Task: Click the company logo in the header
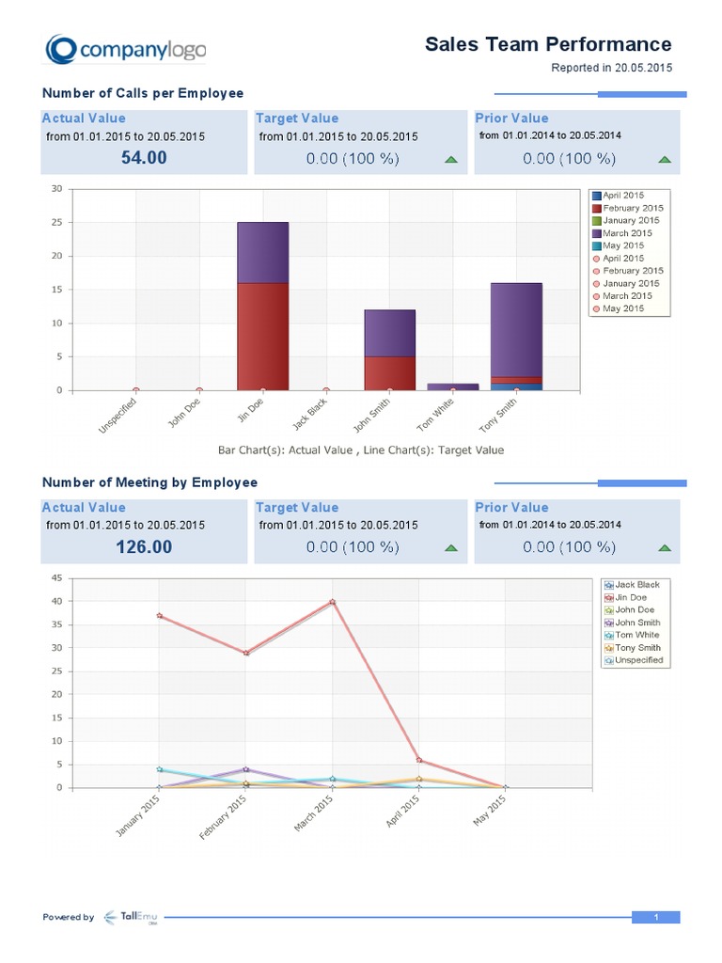click(125, 50)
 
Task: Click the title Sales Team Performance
click(548, 44)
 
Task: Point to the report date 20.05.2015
click(644, 68)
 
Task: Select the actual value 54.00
click(144, 158)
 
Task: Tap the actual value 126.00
click(144, 546)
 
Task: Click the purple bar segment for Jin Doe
click(262, 252)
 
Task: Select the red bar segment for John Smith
click(389, 372)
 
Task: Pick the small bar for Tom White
click(452, 387)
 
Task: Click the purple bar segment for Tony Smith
click(516, 329)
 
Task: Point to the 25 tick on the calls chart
click(56, 223)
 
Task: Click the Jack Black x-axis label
click(310, 417)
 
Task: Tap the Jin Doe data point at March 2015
click(333, 602)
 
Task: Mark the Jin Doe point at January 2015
click(160, 616)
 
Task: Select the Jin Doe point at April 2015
click(419, 760)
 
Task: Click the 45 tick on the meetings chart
click(56, 577)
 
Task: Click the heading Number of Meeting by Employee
click(149, 482)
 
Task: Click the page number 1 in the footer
click(654, 917)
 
